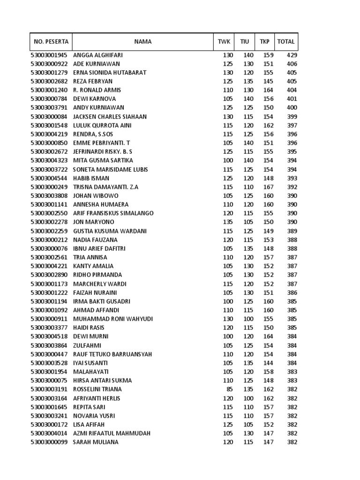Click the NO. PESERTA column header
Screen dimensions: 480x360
tap(51, 42)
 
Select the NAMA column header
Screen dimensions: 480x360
tap(142, 42)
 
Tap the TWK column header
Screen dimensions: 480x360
tap(224, 42)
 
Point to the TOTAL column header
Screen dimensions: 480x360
tap(286, 42)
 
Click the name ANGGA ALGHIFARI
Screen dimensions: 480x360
tap(98, 55)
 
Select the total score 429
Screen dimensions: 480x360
tap(292, 55)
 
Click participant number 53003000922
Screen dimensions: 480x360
tap(49, 64)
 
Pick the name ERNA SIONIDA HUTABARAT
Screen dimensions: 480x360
tap(110, 73)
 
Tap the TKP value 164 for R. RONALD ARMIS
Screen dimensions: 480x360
tap(268, 90)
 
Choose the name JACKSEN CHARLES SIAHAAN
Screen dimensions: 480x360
tap(110, 116)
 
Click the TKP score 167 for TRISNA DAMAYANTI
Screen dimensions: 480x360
tap(268, 187)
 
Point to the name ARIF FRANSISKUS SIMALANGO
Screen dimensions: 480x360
tap(113, 213)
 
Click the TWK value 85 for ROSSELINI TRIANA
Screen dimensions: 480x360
tap(229, 389)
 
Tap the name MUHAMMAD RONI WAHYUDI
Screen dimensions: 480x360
tap(113, 319)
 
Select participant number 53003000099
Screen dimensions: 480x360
tap(49, 442)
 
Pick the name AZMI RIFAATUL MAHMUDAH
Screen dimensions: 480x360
tap(112, 433)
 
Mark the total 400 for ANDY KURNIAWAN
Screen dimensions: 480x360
tap(292, 108)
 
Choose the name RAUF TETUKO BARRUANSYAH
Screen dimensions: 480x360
tap(112, 354)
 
